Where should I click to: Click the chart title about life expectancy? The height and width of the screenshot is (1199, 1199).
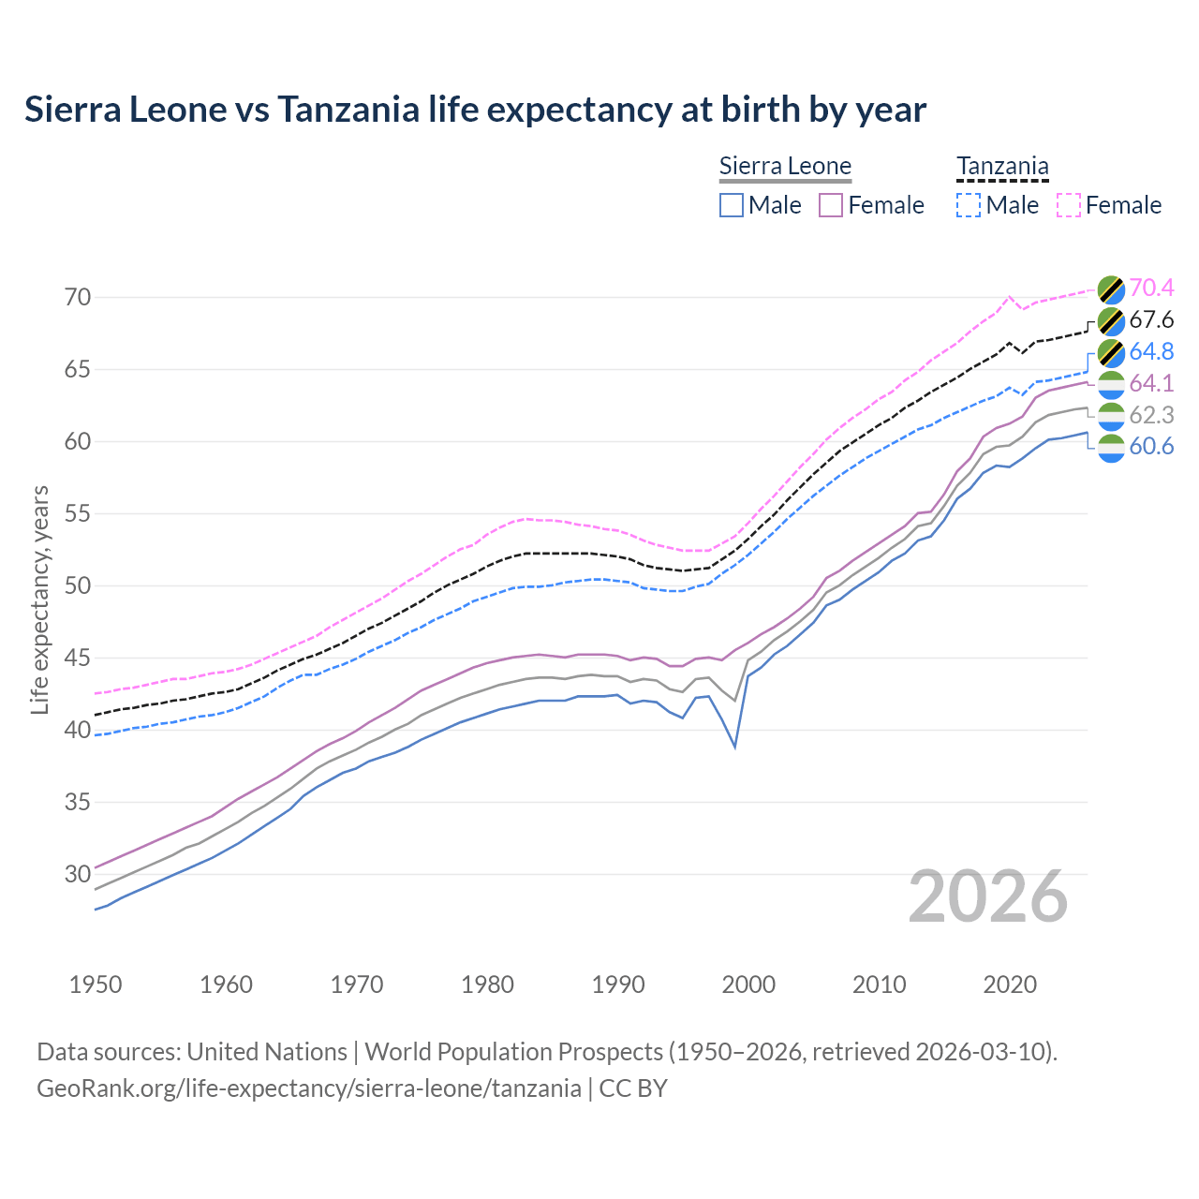475,110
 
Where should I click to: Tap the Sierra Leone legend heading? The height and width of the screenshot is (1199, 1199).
785,167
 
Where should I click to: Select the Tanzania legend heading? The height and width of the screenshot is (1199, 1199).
1002,167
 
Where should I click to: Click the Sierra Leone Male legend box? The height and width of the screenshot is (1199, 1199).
732,205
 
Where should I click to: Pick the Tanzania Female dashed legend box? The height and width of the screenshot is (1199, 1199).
1069,205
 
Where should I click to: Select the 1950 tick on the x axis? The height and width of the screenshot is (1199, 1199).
96,984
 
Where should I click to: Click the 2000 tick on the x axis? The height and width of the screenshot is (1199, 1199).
748,984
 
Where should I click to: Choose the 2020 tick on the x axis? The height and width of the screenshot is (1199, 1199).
1010,984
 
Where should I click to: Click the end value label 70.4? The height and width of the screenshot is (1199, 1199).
1151,289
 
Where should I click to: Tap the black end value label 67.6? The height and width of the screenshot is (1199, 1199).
1151,320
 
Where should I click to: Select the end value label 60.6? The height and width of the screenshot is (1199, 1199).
1151,447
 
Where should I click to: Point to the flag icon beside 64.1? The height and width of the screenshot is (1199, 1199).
1110,384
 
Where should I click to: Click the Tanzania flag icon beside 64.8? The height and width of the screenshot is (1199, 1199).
1110,352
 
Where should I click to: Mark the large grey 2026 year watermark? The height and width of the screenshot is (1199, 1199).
987,896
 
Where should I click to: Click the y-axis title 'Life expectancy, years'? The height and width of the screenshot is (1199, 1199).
40,599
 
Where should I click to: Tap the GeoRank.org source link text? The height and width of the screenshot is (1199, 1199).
309,1088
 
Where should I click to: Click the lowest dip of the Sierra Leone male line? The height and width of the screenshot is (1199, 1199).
735,747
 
